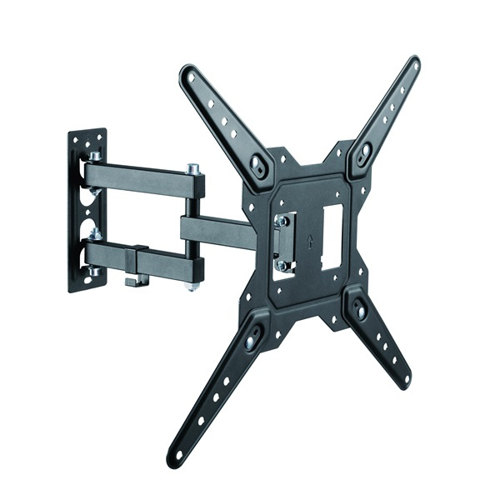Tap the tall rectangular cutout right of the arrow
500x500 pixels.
[x=331, y=236]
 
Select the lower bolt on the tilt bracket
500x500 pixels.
[x=283, y=266]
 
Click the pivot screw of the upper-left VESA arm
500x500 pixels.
[x=259, y=166]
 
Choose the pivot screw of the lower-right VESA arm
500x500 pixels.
[x=360, y=310]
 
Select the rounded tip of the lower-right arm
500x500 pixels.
[x=405, y=382]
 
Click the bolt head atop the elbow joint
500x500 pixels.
[x=193, y=169]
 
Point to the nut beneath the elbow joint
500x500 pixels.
[x=193, y=286]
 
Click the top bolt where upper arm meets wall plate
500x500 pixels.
[x=96, y=156]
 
